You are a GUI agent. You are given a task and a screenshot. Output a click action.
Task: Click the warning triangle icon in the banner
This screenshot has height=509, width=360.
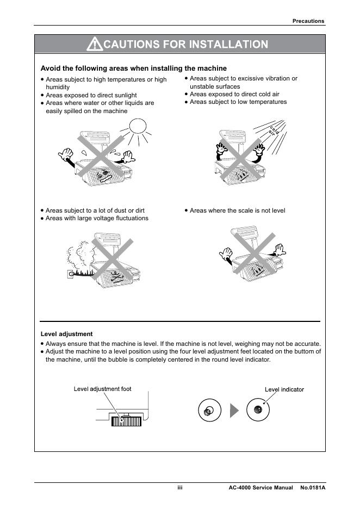[95, 44]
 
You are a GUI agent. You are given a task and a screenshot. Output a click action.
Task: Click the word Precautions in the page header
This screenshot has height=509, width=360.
[308, 21]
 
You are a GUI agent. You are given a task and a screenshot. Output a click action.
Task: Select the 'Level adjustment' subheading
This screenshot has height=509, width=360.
[67, 334]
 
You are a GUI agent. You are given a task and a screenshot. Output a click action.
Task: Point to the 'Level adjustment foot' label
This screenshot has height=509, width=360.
[102, 389]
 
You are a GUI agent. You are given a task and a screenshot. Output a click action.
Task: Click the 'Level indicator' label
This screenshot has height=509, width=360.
[284, 389]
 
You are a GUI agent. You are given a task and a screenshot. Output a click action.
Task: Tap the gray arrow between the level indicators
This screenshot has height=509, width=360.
[234, 411]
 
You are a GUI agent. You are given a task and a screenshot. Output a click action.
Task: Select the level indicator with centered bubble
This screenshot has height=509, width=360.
[258, 410]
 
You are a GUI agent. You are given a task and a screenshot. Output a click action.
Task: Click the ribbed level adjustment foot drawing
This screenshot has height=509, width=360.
[126, 421]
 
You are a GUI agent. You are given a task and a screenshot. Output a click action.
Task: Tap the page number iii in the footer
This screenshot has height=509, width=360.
[179, 488]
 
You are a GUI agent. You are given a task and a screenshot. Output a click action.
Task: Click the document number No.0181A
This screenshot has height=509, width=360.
[313, 488]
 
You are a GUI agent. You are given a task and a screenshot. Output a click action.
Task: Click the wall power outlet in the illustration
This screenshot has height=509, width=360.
[70, 275]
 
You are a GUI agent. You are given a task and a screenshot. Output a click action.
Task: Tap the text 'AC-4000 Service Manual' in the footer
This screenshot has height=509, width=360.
[261, 488]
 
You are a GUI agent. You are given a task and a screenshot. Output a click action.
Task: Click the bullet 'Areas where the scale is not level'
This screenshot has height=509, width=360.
[237, 210]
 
